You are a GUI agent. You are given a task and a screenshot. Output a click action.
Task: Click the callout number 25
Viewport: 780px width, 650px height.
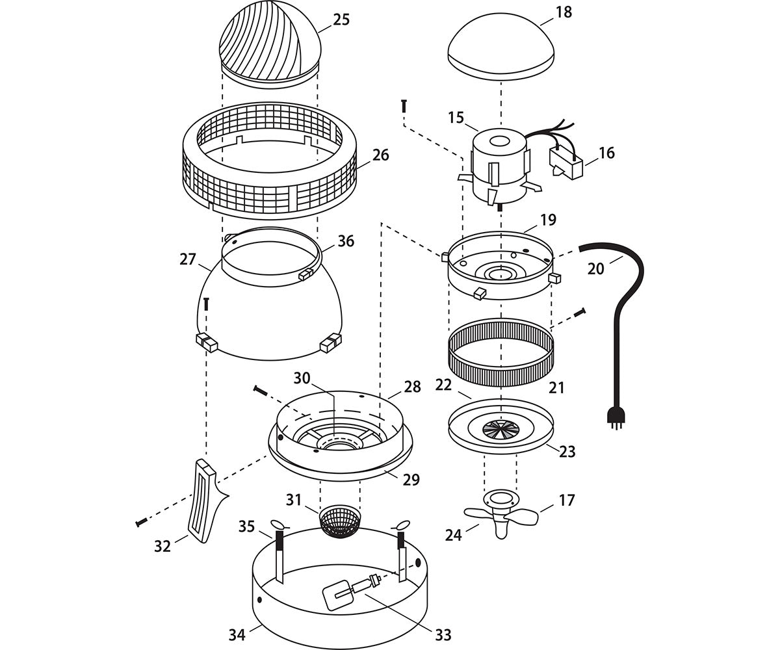pos(341,19)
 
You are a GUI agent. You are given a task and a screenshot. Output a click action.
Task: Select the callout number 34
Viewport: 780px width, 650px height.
pos(237,634)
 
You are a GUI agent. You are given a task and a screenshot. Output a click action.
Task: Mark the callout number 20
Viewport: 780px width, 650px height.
pos(595,268)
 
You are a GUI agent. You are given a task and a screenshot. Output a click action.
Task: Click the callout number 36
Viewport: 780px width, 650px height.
pos(346,241)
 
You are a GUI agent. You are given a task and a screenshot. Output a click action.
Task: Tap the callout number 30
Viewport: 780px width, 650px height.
pos(302,378)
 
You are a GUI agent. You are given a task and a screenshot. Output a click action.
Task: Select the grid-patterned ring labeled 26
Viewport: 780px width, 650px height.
pos(270,162)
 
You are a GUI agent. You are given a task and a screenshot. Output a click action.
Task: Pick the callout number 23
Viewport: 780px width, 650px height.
pos(567,451)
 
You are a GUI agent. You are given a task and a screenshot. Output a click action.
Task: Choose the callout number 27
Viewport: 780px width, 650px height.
pos(187,259)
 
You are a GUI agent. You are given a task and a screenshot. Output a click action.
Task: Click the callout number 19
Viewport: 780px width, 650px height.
pos(548,220)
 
